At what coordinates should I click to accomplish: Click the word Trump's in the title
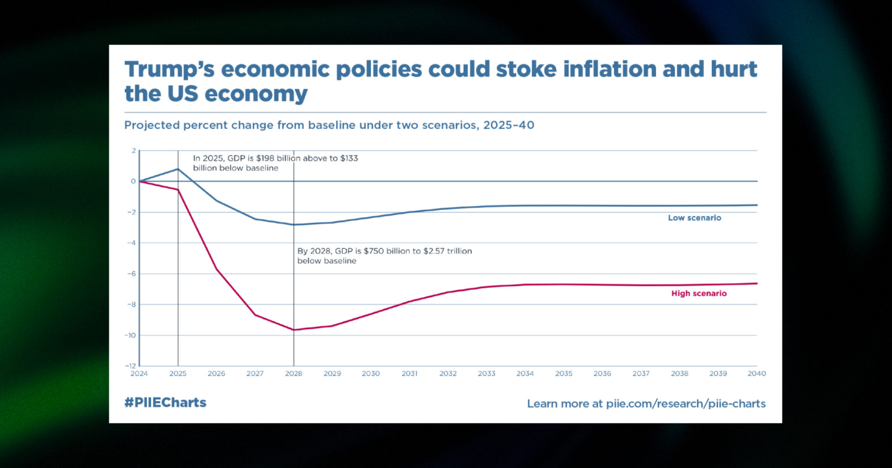pyautogui.click(x=170, y=70)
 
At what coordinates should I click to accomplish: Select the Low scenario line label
pyautogui.click(x=695, y=218)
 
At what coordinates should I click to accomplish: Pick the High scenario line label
pyautogui.click(x=699, y=293)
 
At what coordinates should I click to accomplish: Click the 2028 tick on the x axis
pyautogui.click(x=294, y=373)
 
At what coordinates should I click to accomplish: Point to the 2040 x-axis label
pyautogui.click(x=756, y=373)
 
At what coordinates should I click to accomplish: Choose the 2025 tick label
pyautogui.click(x=178, y=373)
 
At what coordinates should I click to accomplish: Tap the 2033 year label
pyautogui.click(x=486, y=373)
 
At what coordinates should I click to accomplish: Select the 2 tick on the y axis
pyautogui.click(x=134, y=150)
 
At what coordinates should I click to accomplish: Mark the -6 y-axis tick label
pyautogui.click(x=131, y=273)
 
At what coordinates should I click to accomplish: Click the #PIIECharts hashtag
pyautogui.click(x=165, y=403)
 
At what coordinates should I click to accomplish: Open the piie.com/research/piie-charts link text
pyautogui.click(x=686, y=404)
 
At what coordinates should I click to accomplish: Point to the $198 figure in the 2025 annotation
pyautogui.click(x=265, y=158)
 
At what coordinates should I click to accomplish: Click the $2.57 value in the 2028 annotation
pyautogui.click(x=434, y=251)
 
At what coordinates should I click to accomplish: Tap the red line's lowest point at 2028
pyautogui.click(x=294, y=330)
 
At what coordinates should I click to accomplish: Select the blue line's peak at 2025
pyautogui.click(x=178, y=169)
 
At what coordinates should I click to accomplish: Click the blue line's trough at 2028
pyautogui.click(x=294, y=225)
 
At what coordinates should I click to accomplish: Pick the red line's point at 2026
pyautogui.click(x=216, y=269)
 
